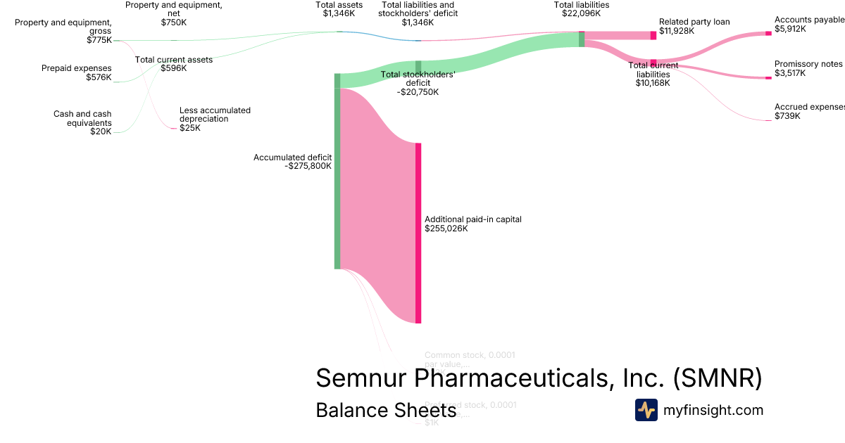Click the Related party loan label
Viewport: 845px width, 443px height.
[694, 27]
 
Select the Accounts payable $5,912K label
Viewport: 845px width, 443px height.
[808, 25]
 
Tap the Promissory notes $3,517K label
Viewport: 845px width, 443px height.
[808, 68]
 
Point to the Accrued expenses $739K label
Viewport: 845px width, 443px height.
[808, 111]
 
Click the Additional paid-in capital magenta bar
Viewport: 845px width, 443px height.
[418, 233]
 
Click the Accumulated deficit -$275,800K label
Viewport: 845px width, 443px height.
[292, 162]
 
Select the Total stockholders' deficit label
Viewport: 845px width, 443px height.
[418, 83]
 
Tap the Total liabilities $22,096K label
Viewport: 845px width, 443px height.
[581, 9]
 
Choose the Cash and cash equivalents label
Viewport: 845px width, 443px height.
[82, 122]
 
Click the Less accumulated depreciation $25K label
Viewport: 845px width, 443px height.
[215, 119]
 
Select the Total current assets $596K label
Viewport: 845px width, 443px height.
[173, 64]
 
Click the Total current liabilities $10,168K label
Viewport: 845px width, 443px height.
[653, 74]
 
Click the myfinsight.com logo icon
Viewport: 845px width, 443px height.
[646, 410]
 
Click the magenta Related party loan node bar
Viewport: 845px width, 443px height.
[653, 35]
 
